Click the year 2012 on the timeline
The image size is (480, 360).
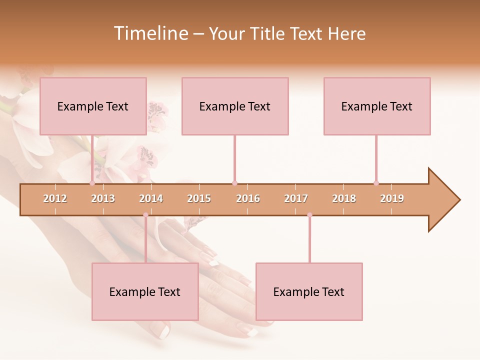click(55, 198)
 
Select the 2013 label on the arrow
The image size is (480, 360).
click(103, 198)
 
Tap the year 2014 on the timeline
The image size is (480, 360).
click(151, 198)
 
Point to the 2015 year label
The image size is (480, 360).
click(199, 198)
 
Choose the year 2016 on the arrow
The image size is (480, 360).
click(248, 198)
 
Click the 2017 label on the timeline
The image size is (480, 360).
click(296, 198)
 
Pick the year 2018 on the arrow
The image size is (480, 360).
click(344, 198)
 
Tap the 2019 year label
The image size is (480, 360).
click(392, 198)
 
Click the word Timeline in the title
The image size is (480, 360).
click(150, 33)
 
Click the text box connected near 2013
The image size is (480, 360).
click(93, 106)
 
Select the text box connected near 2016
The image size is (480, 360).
click(235, 106)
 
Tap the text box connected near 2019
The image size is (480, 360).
click(377, 106)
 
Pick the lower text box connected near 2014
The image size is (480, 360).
click(145, 291)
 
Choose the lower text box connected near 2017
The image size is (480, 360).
click(309, 291)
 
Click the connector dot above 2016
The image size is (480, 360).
click(234, 183)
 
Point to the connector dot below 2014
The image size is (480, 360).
click(145, 215)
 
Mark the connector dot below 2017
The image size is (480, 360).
click(309, 215)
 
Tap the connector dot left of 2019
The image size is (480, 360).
click(376, 183)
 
